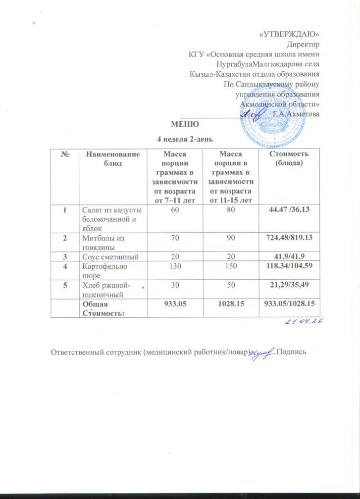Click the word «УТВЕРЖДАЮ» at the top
pyautogui.click(x=290, y=34)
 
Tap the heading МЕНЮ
pyautogui.click(x=185, y=123)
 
